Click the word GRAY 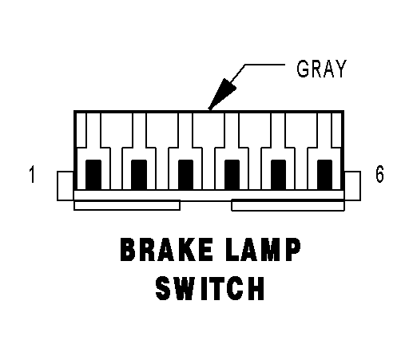(321, 69)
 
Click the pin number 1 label (32, 174)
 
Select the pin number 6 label (379, 174)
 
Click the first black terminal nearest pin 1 (93, 175)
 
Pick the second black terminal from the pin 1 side (139, 175)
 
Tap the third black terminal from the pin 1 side (185, 175)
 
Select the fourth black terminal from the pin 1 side (232, 175)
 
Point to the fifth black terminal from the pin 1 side (278, 175)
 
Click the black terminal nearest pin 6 (324, 175)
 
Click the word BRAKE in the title (166, 250)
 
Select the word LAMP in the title (264, 250)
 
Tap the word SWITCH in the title (210, 288)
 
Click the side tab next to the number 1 (66, 186)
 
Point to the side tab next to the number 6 (352, 186)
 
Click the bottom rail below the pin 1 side (127, 205)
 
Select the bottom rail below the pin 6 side (288, 205)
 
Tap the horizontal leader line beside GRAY (264, 65)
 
